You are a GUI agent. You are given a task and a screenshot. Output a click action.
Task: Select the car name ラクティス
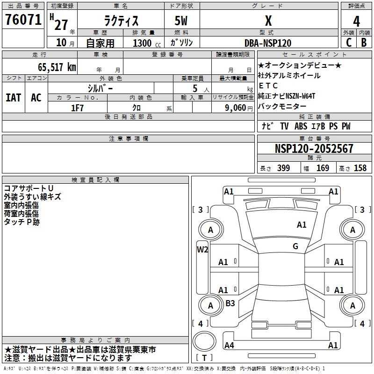120,21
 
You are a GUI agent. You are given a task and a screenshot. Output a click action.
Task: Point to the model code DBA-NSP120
268,43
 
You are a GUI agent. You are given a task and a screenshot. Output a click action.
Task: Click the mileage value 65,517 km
53,67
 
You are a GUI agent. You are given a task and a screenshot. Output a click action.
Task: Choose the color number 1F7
78,108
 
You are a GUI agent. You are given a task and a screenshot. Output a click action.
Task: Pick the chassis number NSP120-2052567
314,149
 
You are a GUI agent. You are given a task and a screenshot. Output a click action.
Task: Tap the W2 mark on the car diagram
202,249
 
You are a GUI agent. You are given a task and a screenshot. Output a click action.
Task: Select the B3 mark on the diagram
230,303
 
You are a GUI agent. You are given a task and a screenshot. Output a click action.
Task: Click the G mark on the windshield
295,246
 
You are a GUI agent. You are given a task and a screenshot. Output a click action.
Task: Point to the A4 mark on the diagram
229,345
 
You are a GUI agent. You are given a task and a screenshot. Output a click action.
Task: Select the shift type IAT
13,98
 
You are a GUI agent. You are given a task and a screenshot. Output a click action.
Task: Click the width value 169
323,168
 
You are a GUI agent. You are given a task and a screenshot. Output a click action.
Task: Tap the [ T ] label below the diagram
204,358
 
